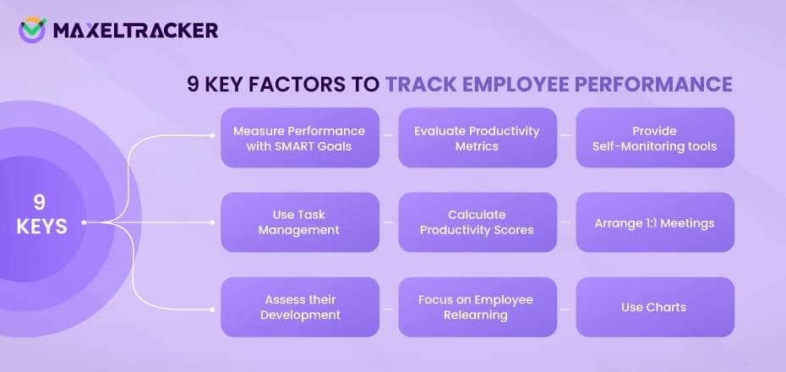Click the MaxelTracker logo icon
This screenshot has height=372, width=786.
click(x=32, y=30)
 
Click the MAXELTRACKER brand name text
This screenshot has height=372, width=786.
click(x=135, y=30)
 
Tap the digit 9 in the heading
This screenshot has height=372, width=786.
click(x=193, y=85)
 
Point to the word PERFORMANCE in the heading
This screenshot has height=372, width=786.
click(x=659, y=85)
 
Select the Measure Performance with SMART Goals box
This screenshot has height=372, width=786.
click(x=299, y=138)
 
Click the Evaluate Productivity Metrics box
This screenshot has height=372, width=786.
click(x=477, y=138)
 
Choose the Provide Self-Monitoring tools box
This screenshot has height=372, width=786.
click(x=655, y=138)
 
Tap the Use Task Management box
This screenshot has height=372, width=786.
click(x=299, y=222)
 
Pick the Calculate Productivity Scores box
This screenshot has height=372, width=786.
click(x=477, y=222)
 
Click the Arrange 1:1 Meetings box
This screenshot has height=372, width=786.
click(x=655, y=222)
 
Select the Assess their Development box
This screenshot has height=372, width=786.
click(x=299, y=307)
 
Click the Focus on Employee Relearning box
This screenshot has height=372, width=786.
click(x=477, y=307)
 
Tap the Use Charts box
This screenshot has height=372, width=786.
click(x=655, y=307)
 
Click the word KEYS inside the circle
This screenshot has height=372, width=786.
click(x=41, y=227)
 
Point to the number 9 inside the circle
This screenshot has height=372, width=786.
click(x=40, y=203)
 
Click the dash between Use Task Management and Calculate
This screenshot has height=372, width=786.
click(x=388, y=222)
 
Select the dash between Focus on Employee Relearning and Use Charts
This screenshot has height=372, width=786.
click(x=566, y=307)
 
